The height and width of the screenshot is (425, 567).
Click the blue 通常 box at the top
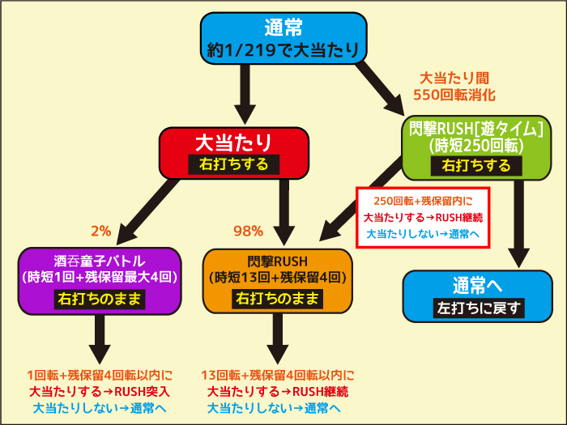point(283,38)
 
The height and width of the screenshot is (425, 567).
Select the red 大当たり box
point(234,153)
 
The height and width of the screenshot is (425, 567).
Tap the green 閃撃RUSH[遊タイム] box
point(476,148)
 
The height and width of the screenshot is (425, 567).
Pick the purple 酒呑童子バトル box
point(100,281)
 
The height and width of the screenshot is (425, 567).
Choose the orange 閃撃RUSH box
point(278,281)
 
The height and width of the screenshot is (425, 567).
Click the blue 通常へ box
point(478,296)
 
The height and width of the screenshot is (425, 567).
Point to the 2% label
point(101,231)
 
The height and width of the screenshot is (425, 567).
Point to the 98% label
point(248,231)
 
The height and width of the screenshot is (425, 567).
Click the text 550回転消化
point(454,95)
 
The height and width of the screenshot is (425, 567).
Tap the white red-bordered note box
point(423,217)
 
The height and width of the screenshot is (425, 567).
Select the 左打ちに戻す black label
point(479,308)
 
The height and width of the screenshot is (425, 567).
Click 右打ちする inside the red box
point(234,164)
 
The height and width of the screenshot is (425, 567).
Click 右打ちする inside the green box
point(476,166)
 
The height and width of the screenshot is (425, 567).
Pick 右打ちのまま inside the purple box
point(100,300)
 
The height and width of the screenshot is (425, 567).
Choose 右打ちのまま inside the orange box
point(277,299)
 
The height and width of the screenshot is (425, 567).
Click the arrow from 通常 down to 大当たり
point(245,95)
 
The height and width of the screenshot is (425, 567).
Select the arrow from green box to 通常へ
point(519,224)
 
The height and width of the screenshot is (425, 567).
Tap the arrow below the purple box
point(100,339)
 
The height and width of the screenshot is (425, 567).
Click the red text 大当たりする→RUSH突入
point(100,392)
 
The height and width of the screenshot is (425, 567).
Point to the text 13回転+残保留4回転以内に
point(278,376)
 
